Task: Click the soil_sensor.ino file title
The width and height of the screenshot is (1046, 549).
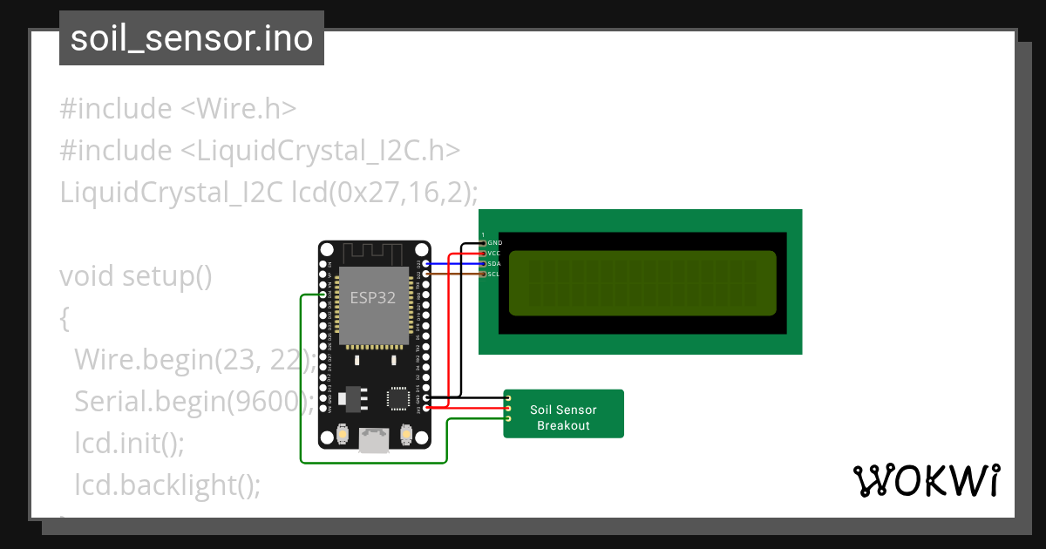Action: coord(192,38)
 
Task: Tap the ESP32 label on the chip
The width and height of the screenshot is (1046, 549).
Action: coord(373,297)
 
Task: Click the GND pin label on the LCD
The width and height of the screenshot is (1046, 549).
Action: coord(494,242)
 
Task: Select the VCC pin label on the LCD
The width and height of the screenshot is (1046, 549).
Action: coord(494,253)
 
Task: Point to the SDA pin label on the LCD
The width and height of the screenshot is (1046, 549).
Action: coord(494,263)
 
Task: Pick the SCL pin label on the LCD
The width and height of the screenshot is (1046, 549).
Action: coord(493,274)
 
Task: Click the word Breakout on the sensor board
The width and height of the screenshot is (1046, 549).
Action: coord(563,425)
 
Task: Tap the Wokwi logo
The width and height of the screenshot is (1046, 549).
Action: coord(926,480)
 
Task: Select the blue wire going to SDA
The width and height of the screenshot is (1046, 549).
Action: coord(453,263)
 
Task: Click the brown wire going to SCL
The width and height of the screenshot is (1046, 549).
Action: coord(453,274)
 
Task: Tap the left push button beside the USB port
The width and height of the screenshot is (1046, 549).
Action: coord(343,433)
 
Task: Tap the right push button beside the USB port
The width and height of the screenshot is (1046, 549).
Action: coord(405,433)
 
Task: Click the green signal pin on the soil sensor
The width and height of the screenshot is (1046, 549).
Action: coord(507,419)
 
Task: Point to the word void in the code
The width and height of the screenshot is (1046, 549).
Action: coord(87,276)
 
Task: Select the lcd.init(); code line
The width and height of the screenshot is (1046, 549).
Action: coord(130,443)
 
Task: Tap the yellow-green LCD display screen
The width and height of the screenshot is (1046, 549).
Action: coord(642,283)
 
